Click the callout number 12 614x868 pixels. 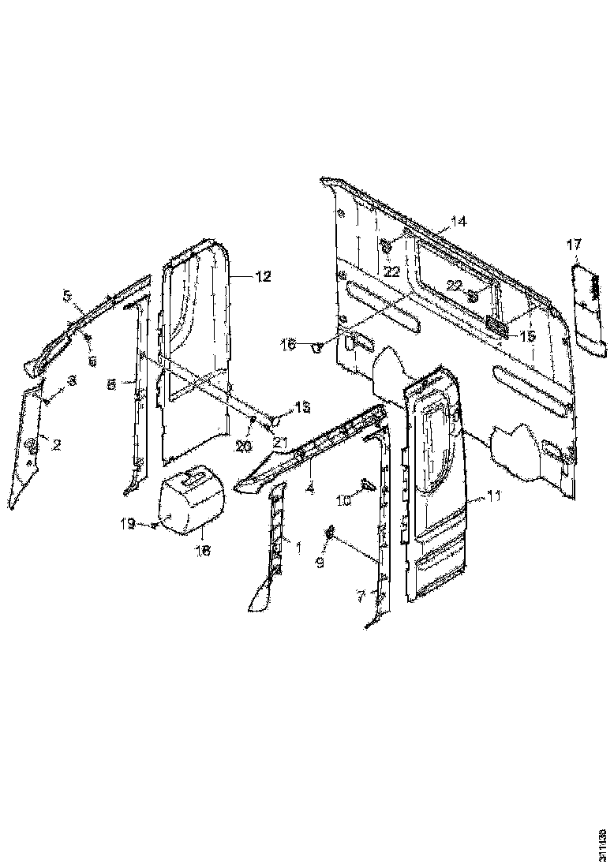[263, 277]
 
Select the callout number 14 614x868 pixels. [459, 220]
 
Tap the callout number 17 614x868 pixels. [574, 245]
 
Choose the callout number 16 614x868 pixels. [288, 344]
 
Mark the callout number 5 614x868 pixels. [68, 296]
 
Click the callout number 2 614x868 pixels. [56, 445]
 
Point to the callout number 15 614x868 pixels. [525, 336]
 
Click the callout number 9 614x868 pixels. [320, 563]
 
